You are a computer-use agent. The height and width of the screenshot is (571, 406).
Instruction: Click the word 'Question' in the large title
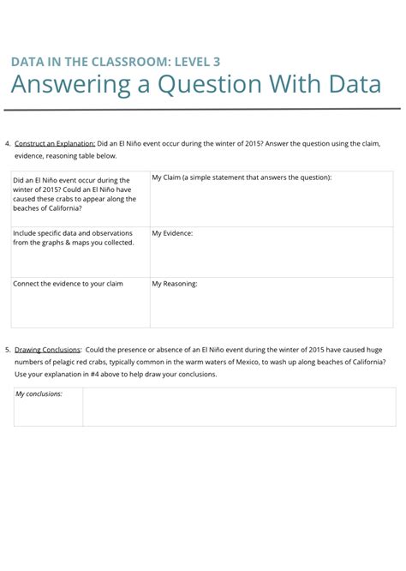pyautogui.click(x=209, y=85)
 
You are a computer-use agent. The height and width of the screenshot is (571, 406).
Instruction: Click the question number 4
pyautogui.click(x=7, y=143)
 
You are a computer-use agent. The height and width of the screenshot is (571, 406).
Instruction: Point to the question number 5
pyautogui.click(x=7, y=350)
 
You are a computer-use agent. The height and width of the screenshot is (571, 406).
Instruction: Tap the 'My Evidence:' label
pyautogui.click(x=172, y=233)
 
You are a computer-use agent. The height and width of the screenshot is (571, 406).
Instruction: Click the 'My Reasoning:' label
pyautogui.click(x=175, y=284)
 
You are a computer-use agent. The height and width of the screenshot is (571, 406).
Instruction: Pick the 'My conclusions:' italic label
pyautogui.click(x=39, y=394)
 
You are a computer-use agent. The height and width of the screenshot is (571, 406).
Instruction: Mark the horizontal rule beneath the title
pyautogui.click(x=203, y=110)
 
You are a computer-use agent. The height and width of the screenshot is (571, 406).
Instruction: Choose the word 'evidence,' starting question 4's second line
pyautogui.click(x=31, y=155)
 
